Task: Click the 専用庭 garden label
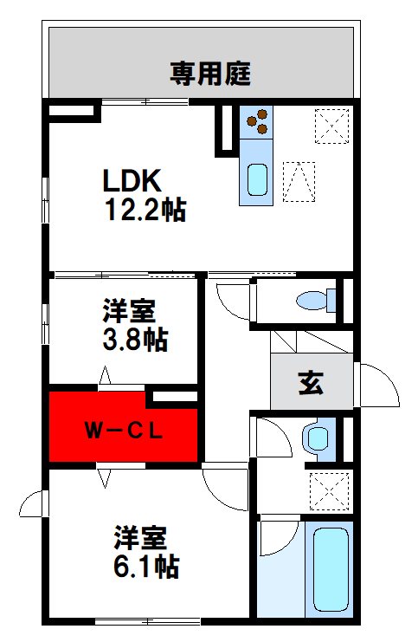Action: point(209,75)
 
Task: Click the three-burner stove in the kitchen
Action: point(257,121)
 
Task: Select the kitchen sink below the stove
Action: point(257,178)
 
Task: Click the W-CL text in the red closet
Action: point(123,431)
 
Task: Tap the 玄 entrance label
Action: point(311,383)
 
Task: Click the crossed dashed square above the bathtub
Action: point(331,490)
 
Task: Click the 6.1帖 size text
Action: point(146,567)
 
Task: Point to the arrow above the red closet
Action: point(106,376)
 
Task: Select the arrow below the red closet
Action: point(106,476)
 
